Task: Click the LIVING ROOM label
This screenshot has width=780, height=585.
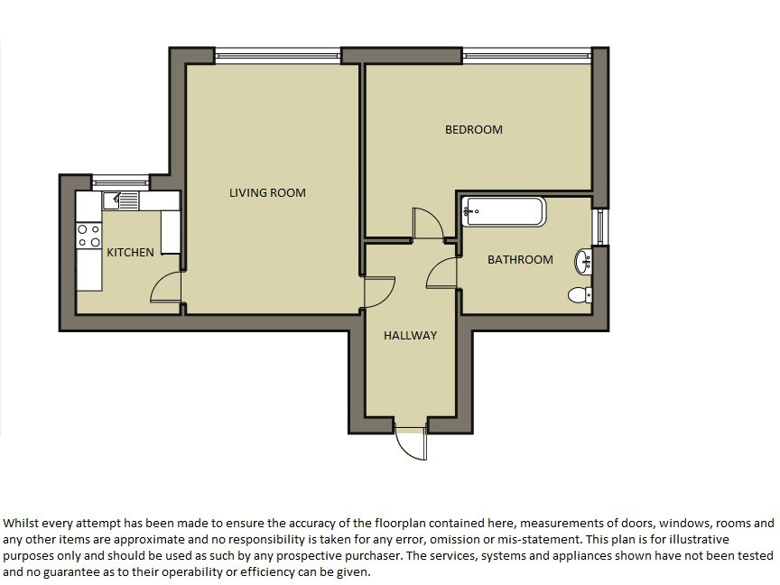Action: point(267,193)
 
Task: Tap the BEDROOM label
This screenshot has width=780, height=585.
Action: point(474,130)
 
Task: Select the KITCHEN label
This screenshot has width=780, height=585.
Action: point(130,253)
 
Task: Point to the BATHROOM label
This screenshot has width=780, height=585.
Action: point(520,260)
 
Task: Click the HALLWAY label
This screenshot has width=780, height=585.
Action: point(411,336)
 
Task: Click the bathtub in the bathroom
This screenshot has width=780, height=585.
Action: point(504,212)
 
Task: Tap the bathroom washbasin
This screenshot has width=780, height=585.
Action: point(583,262)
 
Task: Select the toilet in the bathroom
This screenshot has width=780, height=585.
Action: point(580,295)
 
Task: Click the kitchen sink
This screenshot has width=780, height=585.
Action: point(121,200)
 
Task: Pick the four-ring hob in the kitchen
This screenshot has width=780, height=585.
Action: point(89,236)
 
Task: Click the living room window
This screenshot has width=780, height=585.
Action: point(278,55)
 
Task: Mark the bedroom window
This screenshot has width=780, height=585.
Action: point(527,55)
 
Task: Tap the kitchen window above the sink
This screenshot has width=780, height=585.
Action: point(121,181)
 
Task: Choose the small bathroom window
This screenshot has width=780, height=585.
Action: point(600,227)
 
